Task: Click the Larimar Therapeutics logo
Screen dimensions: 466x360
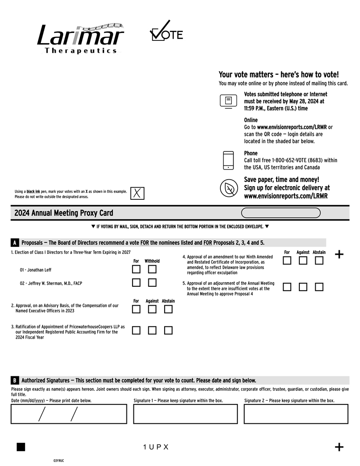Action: click(80, 38)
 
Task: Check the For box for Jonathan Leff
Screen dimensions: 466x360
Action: click(136, 269)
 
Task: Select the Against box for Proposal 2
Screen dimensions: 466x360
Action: click(152, 309)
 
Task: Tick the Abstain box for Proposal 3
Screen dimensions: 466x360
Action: click(168, 330)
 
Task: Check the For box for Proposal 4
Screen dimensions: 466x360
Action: click(287, 260)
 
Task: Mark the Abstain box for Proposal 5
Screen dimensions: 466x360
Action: click(319, 287)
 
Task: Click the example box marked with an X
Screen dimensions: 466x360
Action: click(137, 193)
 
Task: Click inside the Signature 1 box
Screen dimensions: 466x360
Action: click(185, 414)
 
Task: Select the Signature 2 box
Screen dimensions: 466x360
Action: click(296, 414)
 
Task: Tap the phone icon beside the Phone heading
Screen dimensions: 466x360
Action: click(228, 160)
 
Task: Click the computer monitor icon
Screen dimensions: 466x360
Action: click(228, 101)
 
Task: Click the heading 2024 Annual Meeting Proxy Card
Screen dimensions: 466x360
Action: click(64, 213)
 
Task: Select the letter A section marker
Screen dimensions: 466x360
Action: click(15, 243)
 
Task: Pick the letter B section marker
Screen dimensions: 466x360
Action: click(15, 380)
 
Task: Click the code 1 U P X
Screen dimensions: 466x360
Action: click(156, 447)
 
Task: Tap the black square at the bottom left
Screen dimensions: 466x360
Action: click(21, 447)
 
